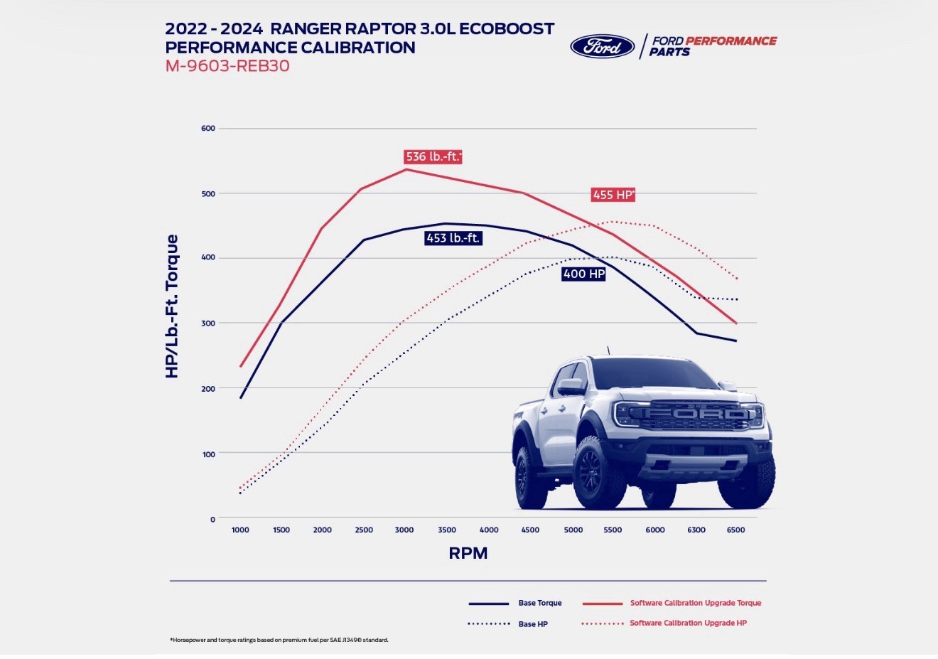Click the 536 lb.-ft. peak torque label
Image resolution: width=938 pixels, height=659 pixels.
(433, 156)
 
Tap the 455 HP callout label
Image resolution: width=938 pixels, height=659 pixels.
(613, 195)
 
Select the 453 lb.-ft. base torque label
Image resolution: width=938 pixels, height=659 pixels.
(453, 238)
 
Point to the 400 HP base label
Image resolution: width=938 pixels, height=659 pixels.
(583, 274)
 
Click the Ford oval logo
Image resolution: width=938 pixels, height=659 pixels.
(602, 47)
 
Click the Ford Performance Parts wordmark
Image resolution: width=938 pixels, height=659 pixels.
(712, 46)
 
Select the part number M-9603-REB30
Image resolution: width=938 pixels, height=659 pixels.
(227, 66)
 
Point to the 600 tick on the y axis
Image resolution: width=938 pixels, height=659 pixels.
(208, 129)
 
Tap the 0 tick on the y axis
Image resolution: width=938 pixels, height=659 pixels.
(212, 520)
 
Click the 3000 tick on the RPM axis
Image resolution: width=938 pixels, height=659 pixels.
(404, 530)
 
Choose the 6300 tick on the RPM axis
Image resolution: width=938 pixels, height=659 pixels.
(696, 530)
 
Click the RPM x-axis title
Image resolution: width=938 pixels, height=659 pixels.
(468, 553)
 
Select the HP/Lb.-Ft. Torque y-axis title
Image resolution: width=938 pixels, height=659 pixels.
(172, 306)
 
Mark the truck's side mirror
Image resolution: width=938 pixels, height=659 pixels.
(570, 387)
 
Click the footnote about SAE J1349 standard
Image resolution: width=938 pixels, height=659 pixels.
(279, 640)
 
